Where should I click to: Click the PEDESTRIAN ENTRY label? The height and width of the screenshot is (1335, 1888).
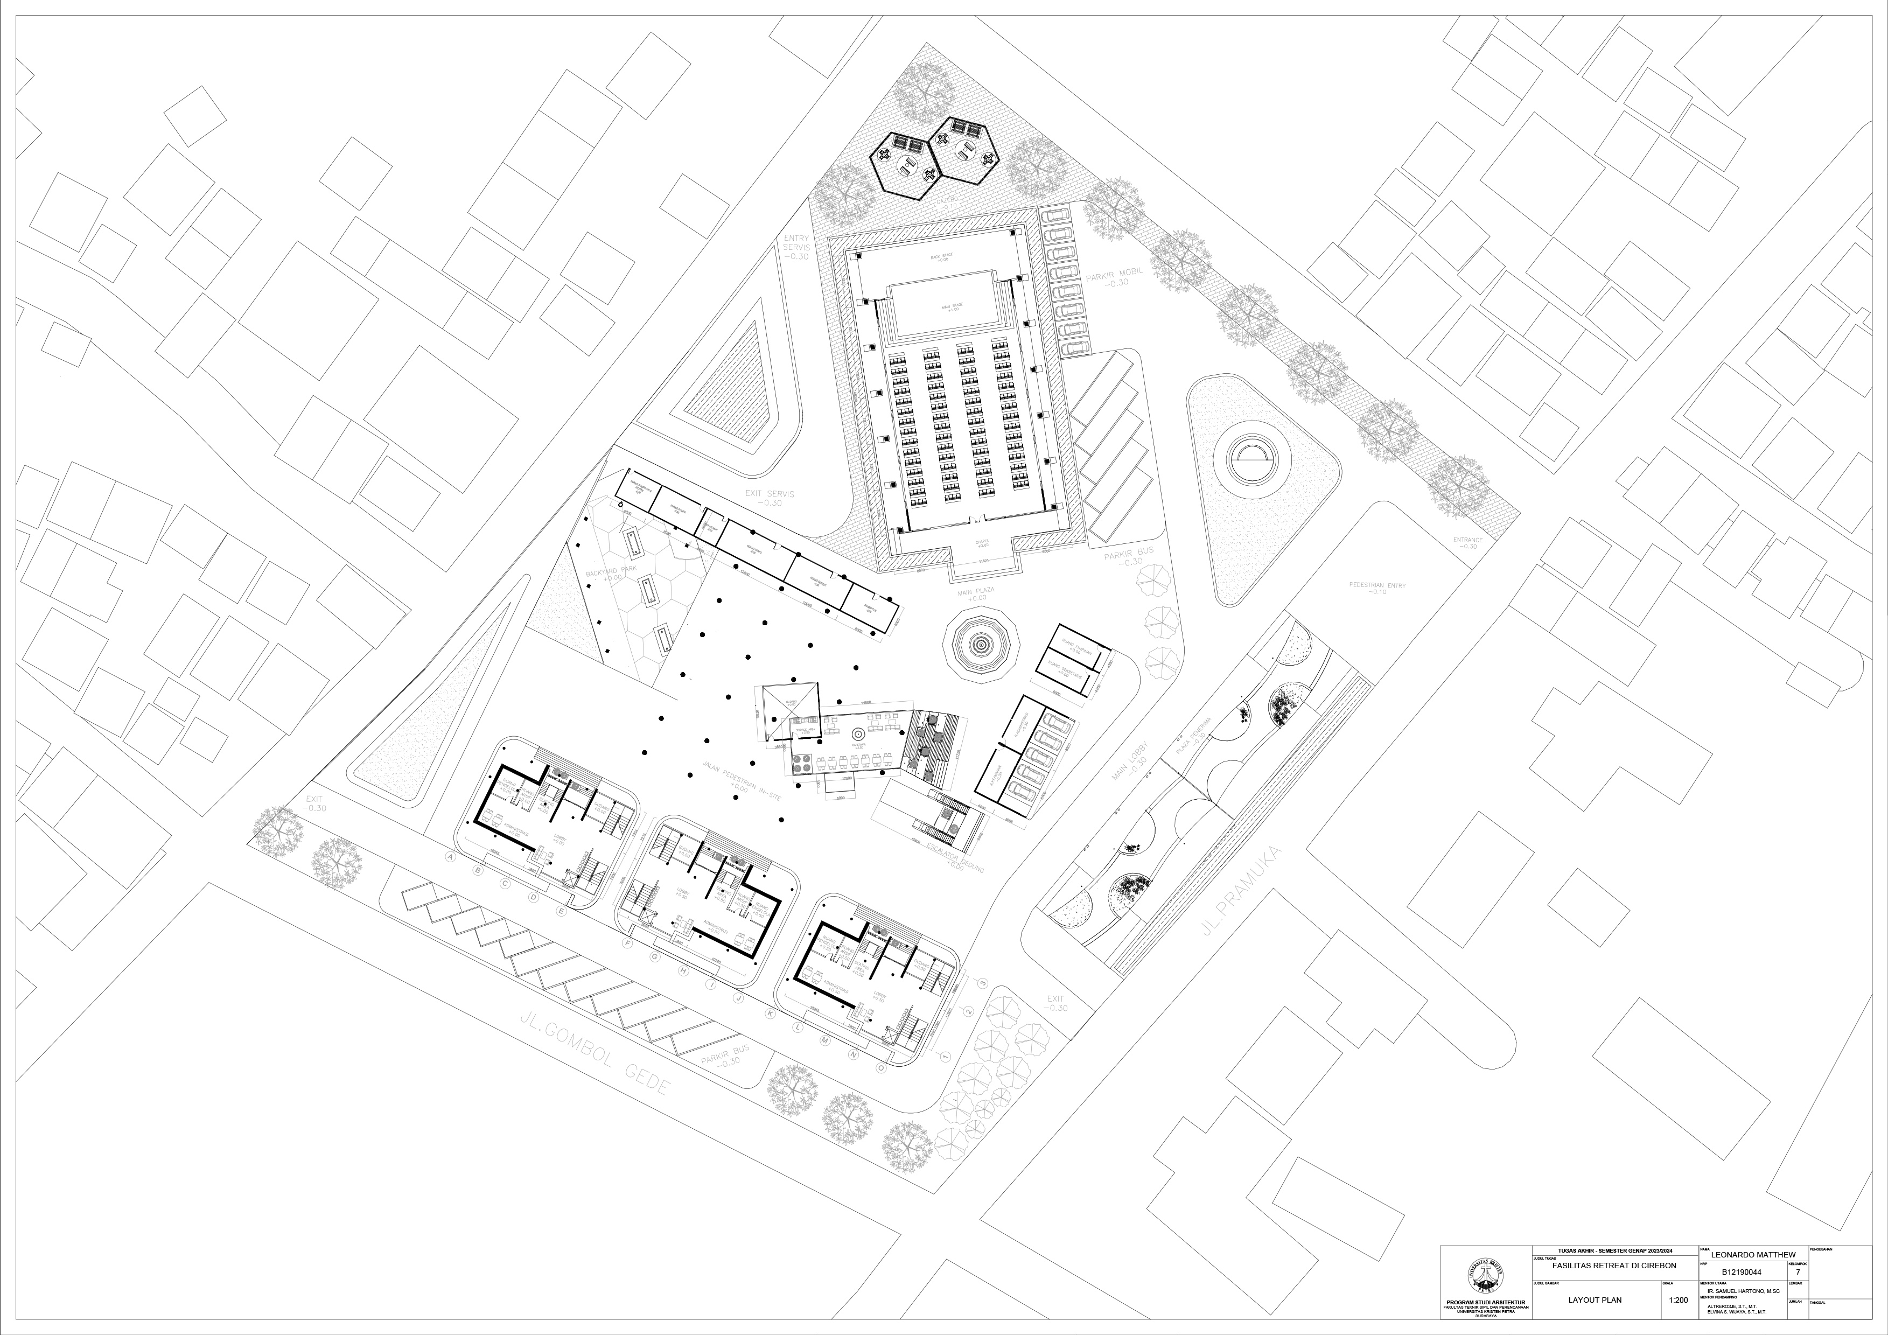1377,588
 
